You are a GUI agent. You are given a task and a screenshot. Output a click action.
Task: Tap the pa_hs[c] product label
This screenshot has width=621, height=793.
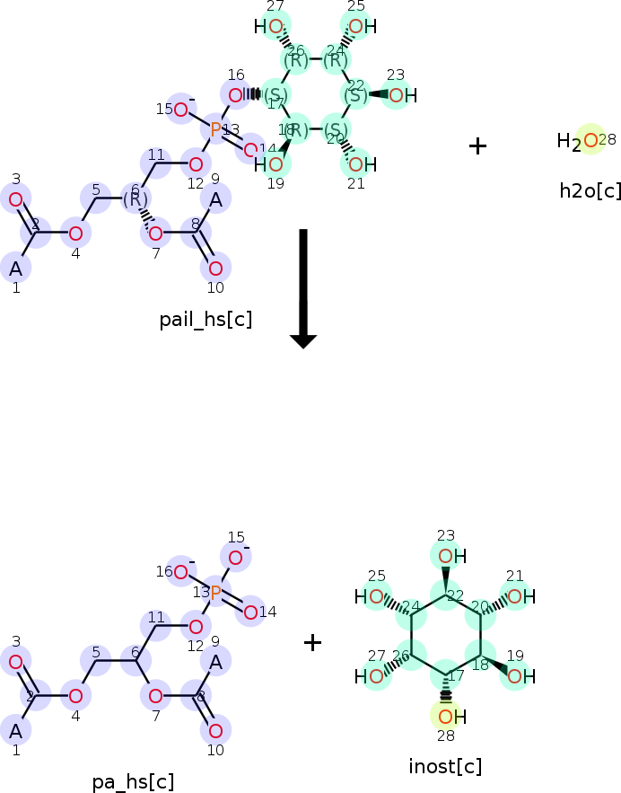[x=133, y=781]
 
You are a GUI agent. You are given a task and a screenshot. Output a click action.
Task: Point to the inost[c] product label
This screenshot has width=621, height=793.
[x=445, y=766]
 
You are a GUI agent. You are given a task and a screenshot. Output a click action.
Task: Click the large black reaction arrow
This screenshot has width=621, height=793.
[x=303, y=287]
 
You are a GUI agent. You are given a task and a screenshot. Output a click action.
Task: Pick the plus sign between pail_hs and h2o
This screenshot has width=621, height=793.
[x=477, y=145]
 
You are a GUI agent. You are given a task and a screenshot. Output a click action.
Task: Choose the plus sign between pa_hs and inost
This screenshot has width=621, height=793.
[x=312, y=642]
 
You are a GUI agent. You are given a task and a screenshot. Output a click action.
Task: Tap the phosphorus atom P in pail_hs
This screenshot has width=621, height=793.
[x=215, y=129]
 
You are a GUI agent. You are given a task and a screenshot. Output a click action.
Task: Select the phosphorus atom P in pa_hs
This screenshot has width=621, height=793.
[x=215, y=592]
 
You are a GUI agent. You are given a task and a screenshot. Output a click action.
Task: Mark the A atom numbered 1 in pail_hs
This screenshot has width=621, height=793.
[x=16, y=268]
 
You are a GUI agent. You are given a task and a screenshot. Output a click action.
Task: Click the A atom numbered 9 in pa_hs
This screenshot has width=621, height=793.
[x=215, y=662]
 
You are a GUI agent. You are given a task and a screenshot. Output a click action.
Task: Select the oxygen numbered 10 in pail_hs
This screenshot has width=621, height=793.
[x=215, y=268]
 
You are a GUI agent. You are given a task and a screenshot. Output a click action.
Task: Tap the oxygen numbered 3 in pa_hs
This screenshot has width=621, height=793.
[x=16, y=663]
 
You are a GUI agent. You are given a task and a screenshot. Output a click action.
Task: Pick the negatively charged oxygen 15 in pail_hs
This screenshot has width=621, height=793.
[x=181, y=110]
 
